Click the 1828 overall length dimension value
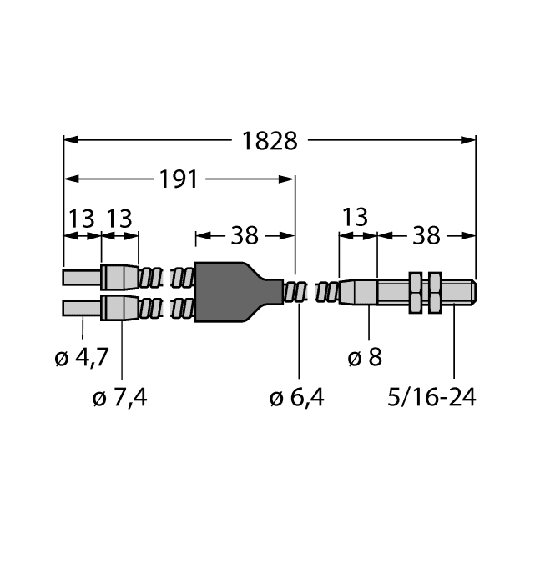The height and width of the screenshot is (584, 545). (270, 141)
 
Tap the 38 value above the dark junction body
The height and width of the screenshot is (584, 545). (245, 236)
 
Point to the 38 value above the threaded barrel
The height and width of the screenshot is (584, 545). (426, 236)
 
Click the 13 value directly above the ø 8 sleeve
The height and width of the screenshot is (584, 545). (355, 218)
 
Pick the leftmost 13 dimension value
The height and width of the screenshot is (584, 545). (82, 219)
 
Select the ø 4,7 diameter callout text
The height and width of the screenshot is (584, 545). (81, 360)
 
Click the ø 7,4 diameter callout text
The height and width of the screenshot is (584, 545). (122, 398)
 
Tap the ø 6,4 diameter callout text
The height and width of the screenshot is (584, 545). (297, 398)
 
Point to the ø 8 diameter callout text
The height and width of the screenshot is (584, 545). (364, 360)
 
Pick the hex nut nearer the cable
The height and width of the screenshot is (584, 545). (416, 292)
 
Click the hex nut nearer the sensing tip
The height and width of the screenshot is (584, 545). (434, 292)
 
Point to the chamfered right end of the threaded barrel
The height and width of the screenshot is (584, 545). (472, 292)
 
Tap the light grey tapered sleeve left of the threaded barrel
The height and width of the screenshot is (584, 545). (359, 292)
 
